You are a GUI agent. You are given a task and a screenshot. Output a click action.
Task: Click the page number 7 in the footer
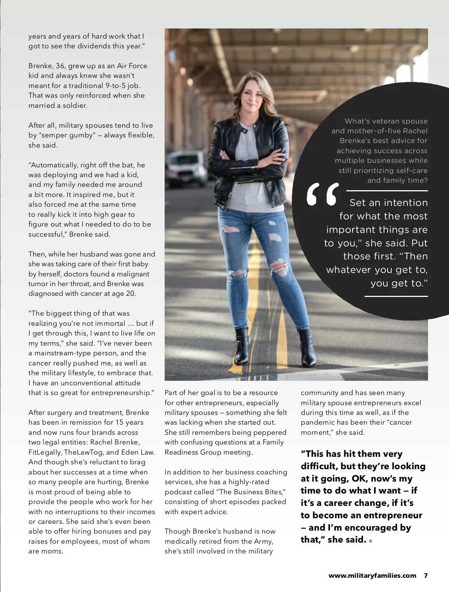click(x=425, y=576)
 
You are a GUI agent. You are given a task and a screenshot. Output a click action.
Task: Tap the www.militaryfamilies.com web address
click(x=372, y=576)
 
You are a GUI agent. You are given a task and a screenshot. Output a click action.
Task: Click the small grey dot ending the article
click(x=370, y=541)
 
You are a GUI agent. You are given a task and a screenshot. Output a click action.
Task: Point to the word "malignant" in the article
click(x=130, y=274)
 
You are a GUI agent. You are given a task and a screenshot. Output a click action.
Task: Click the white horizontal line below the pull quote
click(x=396, y=296)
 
